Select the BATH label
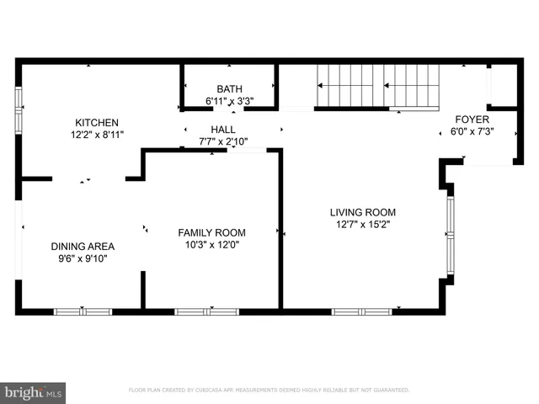coord(228,88)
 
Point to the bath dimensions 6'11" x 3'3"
coord(229,101)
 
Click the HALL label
coord(223,129)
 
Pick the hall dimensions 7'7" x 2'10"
coord(223,141)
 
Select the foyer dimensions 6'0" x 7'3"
coord(472,132)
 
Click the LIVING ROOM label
coord(362,212)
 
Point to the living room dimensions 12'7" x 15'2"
coord(362,225)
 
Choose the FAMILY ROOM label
coord(211,232)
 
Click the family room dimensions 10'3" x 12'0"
coord(211,245)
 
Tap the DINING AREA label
coord(83,247)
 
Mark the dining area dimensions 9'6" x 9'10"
coord(83,258)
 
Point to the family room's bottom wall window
coord(205,311)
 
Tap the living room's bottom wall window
coord(361,311)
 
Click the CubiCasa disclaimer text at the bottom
coord(269,391)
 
